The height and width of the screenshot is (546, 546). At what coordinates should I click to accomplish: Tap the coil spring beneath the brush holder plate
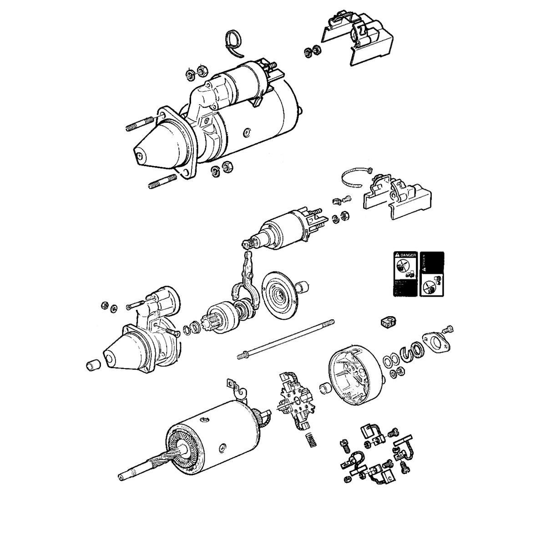click(x=309, y=439)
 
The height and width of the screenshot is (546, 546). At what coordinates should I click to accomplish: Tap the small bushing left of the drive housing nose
click(x=93, y=366)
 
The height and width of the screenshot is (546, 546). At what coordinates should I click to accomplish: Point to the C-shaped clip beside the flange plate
click(x=407, y=352)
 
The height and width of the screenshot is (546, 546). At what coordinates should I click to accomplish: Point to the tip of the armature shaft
click(x=121, y=477)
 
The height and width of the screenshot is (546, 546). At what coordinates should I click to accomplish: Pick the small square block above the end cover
click(x=385, y=322)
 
